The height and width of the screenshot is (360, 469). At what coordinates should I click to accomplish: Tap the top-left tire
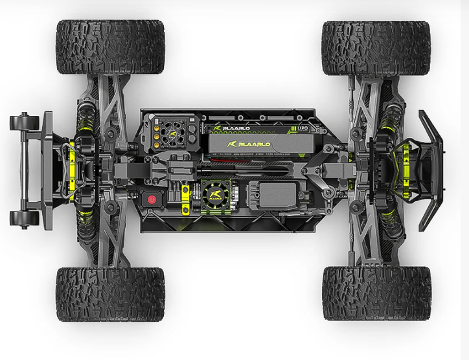click(x=110, y=47)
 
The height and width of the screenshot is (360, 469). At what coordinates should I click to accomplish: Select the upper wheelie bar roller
click(x=22, y=121)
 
